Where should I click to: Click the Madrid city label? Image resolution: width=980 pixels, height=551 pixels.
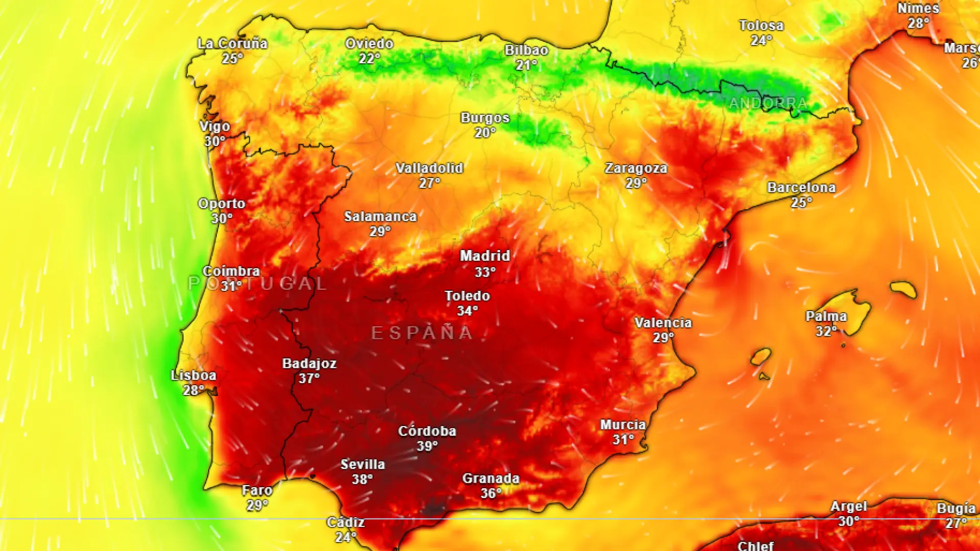tap(485, 256)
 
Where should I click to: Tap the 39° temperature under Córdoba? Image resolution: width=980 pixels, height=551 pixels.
tap(427, 446)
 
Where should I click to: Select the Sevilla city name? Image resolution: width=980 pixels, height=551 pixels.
tap(363, 464)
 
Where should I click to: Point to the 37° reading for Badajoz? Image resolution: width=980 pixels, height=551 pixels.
tap(309, 379)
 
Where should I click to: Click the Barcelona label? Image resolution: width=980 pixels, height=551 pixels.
tap(801, 187)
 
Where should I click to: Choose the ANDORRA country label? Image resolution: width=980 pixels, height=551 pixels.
tap(768, 104)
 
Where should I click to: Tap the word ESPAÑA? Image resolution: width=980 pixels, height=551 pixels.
tap(422, 333)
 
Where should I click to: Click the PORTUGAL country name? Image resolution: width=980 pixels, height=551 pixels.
tap(257, 284)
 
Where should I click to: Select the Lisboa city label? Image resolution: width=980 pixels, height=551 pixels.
tap(193, 375)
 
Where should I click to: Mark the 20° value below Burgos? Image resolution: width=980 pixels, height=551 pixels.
tap(485, 133)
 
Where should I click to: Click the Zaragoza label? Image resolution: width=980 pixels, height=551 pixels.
tap(636, 168)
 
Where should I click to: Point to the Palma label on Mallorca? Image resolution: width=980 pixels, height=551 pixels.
tap(826, 316)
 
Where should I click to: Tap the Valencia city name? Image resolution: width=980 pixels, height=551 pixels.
tap(663, 322)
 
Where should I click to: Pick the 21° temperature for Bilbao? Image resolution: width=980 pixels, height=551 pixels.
tap(526, 65)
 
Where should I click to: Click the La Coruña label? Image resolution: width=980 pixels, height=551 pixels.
tap(233, 43)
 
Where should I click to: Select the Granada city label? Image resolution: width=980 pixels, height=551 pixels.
tap(491, 478)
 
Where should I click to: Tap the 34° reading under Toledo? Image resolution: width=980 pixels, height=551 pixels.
tap(467, 311)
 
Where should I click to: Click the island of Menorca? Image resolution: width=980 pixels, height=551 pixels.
tap(903, 289)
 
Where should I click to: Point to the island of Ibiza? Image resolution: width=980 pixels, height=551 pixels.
tap(761, 356)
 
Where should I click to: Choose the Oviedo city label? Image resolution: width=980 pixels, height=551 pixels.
tap(369, 43)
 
